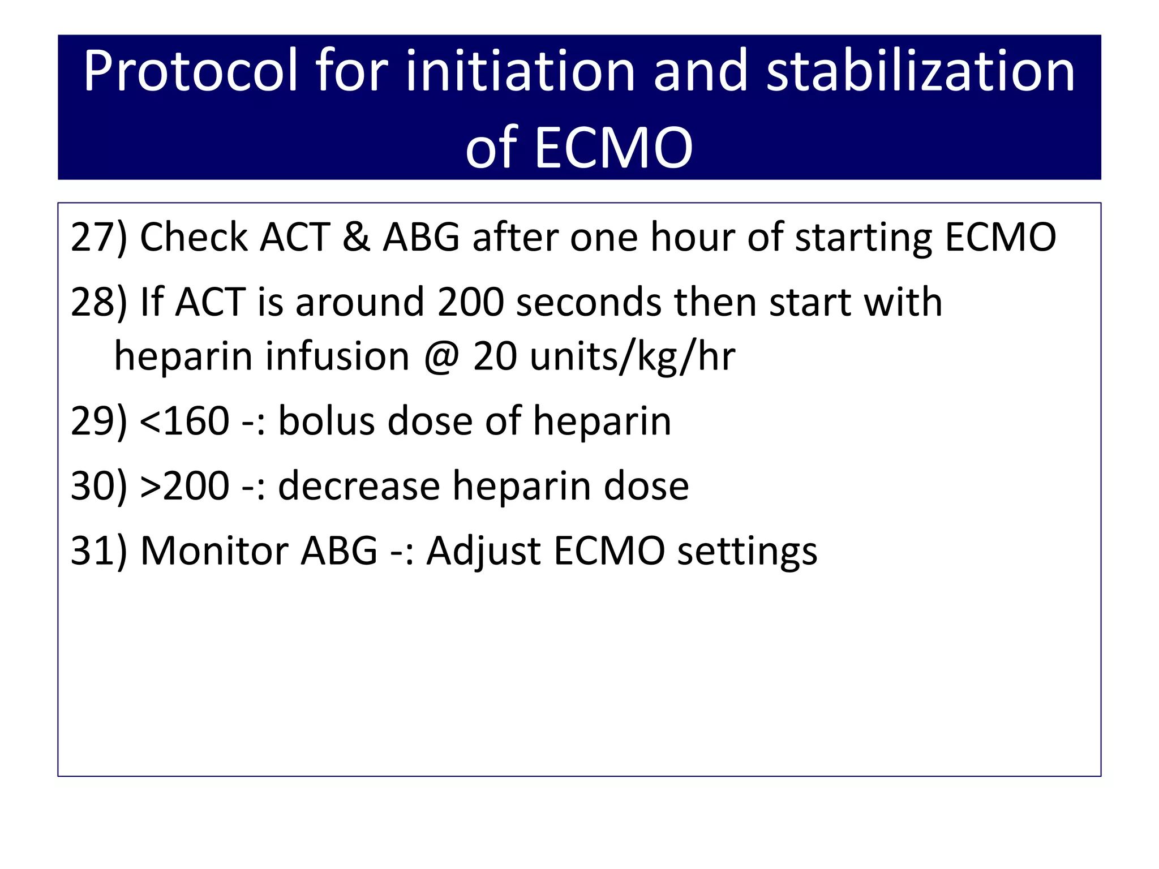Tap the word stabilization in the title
(x=920, y=72)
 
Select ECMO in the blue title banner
(x=613, y=148)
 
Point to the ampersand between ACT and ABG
(x=356, y=237)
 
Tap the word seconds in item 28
(x=589, y=302)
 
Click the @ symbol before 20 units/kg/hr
(x=442, y=357)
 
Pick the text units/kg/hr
(x=633, y=357)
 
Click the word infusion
(x=337, y=356)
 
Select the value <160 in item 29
(x=184, y=421)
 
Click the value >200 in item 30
(x=184, y=486)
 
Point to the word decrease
(x=359, y=486)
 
